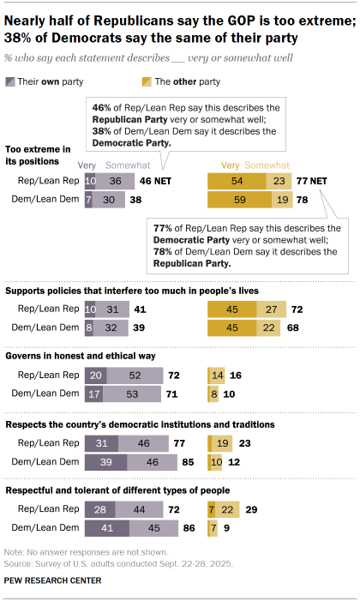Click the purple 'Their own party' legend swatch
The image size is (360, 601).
pyautogui.click(x=9, y=81)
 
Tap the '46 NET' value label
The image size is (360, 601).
pyautogui.click(x=151, y=182)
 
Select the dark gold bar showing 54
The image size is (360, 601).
pyautogui.click(x=237, y=182)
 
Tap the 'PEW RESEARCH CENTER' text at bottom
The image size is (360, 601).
pyautogui.click(x=52, y=580)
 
